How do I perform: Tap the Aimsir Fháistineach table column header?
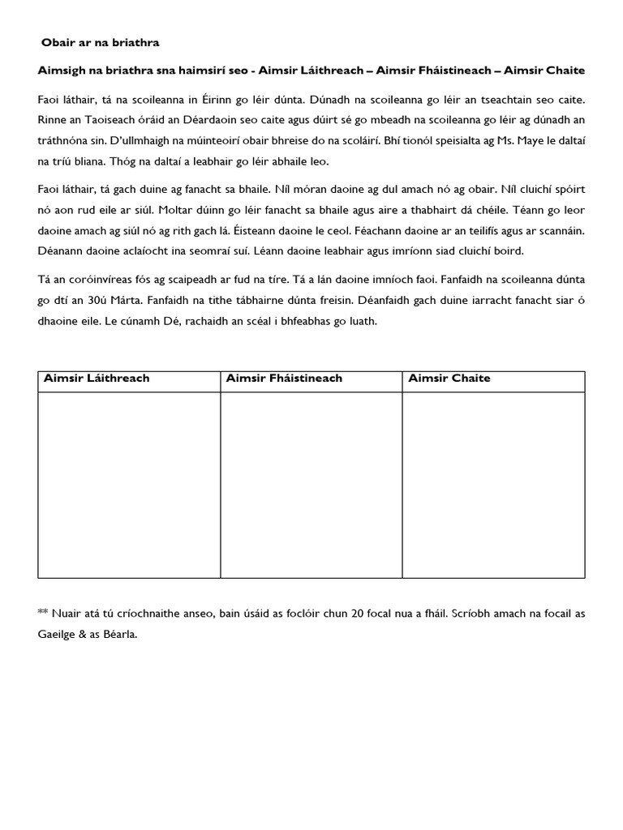284,379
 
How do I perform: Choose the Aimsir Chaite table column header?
449,379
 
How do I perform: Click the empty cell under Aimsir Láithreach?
129,485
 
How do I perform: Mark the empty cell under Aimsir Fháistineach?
311,485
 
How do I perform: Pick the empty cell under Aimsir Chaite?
493,485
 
